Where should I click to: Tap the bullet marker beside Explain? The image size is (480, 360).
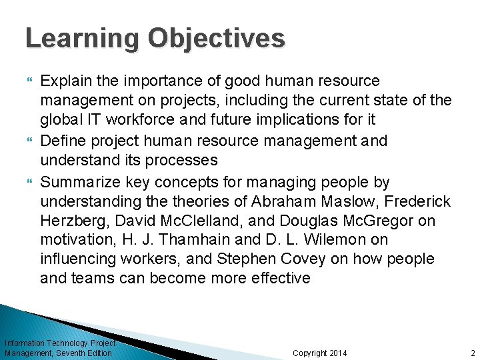[x=29, y=81]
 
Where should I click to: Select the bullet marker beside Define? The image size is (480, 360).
[x=29, y=141]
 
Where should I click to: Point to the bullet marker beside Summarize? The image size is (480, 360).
[x=29, y=182]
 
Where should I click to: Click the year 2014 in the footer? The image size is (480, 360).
[x=335, y=353]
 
